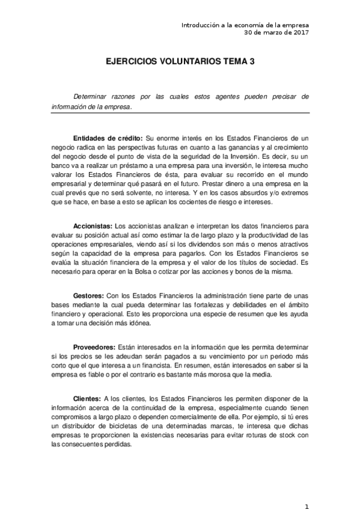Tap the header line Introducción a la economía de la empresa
point(245,25)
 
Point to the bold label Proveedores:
point(94,348)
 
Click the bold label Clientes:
point(87,399)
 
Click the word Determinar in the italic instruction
point(91,96)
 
